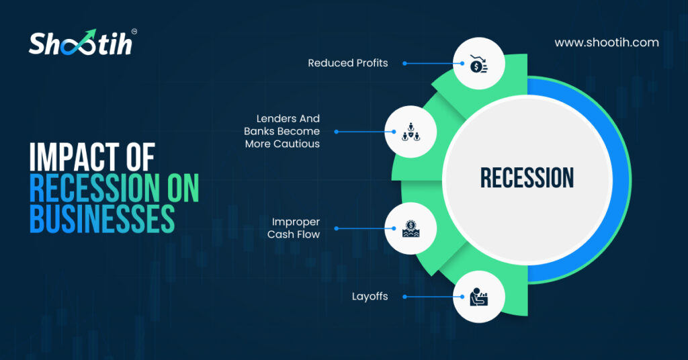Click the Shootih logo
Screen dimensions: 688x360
point(83,42)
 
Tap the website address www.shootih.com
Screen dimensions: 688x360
point(607,42)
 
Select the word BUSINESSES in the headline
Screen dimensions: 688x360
point(102,218)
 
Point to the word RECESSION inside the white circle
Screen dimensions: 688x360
point(527,177)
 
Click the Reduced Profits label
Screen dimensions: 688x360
point(348,63)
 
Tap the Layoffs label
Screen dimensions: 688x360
point(370,297)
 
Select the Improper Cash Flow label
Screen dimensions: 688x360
point(294,228)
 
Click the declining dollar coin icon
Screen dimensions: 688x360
point(478,64)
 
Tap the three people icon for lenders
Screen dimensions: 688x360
point(411,132)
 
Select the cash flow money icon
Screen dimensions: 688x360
point(411,228)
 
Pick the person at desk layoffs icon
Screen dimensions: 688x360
point(478,297)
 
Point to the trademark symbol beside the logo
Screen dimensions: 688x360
point(134,32)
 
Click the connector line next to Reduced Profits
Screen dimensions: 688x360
point(433,64)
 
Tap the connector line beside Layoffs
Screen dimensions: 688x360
point(433,297)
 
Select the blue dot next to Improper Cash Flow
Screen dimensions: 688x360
point(337,228)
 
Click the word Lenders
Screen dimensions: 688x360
point(270,118)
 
